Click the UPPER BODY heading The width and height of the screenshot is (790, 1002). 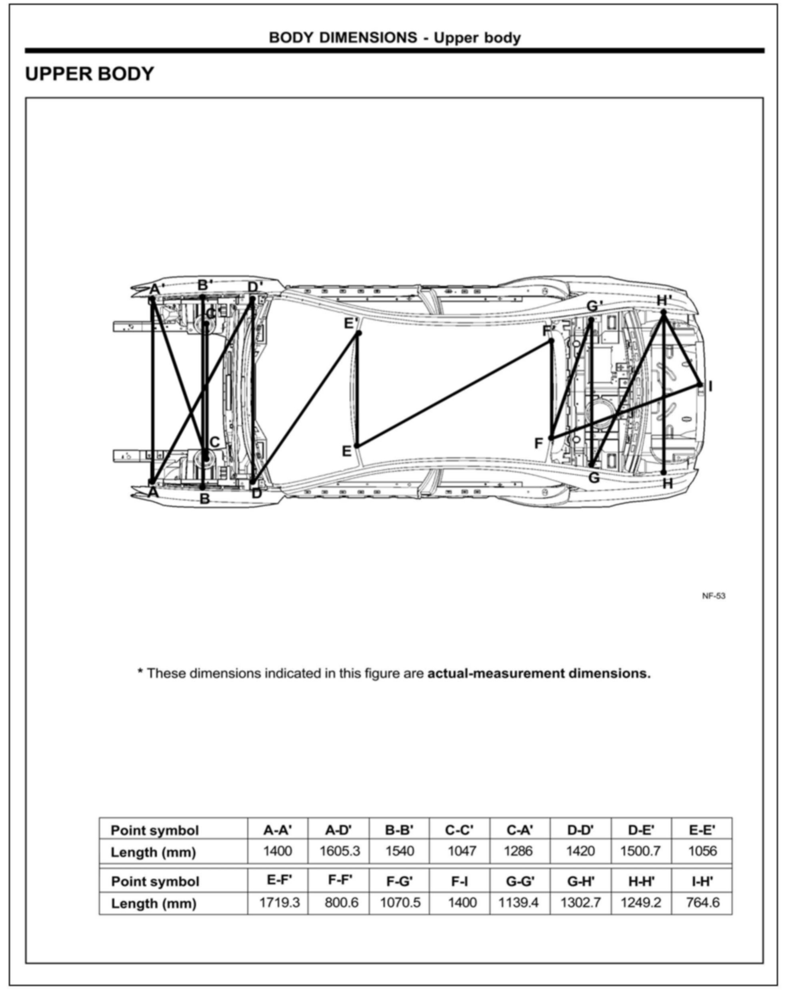coord(89,74)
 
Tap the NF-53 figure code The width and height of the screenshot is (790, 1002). coord(713,596)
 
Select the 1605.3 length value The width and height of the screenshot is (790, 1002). coord(340,851)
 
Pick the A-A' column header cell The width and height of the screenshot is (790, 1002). coord(278,830)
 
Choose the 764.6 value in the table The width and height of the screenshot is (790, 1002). coord(702,902)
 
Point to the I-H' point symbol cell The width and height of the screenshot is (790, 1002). coord(702,881)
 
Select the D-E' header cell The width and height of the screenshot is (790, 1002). coord(641,830)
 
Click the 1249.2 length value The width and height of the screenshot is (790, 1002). coord(641,902)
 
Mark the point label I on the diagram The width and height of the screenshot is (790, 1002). coord(710,386)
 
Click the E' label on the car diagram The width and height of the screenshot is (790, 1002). coord(350,323)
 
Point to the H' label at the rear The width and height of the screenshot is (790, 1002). coord(664,300)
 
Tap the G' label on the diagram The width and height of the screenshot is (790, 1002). coord(594,306)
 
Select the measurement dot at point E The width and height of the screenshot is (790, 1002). coord(357,446)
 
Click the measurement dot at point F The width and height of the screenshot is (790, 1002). coord(551,438)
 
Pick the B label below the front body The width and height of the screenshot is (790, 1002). coord(204,498)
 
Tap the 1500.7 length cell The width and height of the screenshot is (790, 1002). coord(641,851)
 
